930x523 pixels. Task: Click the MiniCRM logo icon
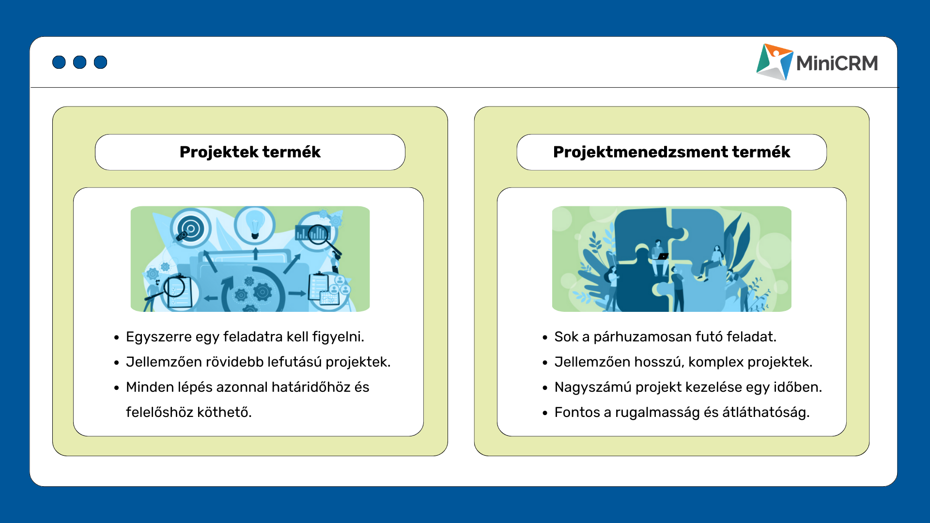pyautogui.click(x=775, y=62)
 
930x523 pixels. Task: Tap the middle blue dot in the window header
pyautogui.click(x=80, y=62)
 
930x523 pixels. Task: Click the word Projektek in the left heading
pyautogui.click(x=219, y=152)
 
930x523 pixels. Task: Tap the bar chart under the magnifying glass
pyautogui.click(x=312, y=233)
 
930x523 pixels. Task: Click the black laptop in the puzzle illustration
pyautogui.click(x=662, y=256)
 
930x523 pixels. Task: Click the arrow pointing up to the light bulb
pyautogui.click(x=255, y=253)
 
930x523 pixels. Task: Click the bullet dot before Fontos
pyautogui.click(x=545, y=413)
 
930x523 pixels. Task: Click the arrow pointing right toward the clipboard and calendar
pyautogui.click(x=297, y=293)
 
